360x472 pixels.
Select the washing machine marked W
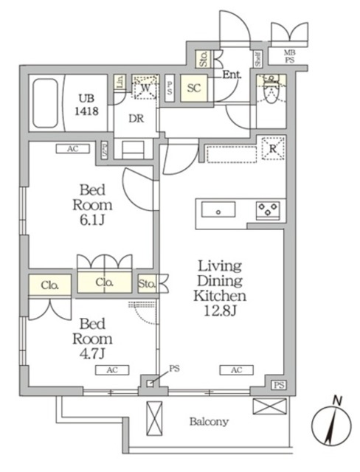click(146, 88)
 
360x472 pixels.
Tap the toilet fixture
click(271, 92)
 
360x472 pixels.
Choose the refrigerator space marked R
click(273, 149)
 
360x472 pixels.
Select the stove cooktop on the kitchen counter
click(266, 209)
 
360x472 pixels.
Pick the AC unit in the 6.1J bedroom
click(72, 148)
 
